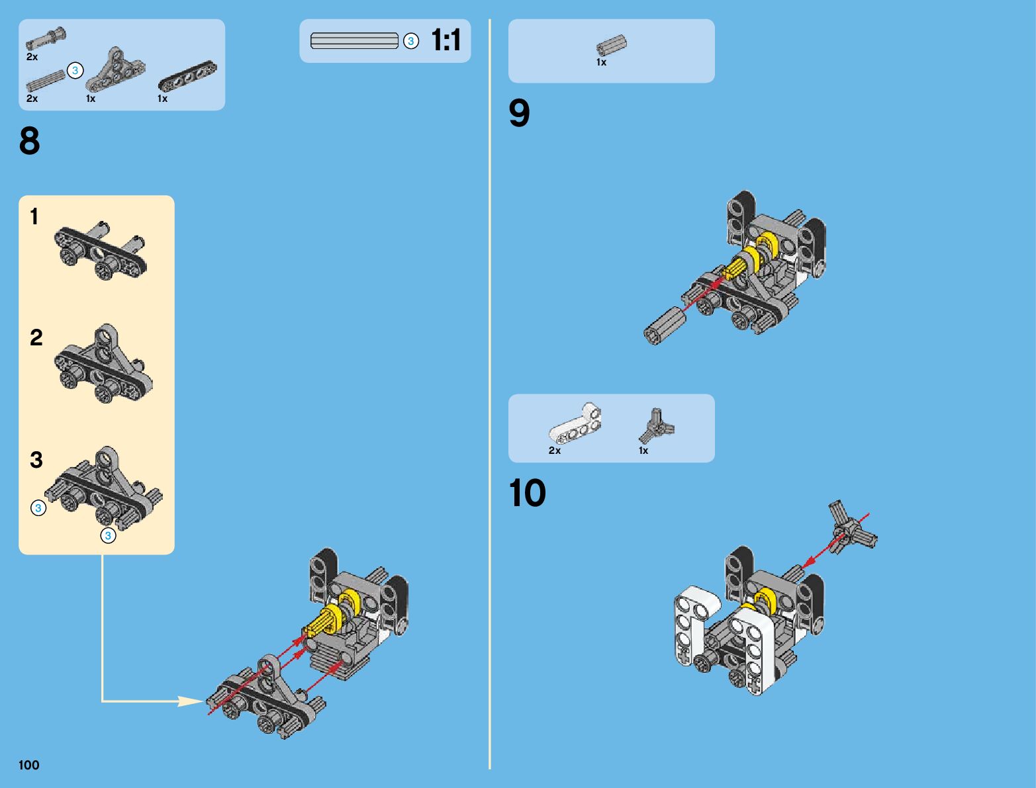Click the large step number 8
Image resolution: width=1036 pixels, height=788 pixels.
point(30,140)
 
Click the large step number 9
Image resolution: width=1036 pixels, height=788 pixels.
point(519,112)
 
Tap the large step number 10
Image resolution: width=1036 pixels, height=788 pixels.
point(527,493)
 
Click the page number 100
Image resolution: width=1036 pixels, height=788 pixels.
point(28,765)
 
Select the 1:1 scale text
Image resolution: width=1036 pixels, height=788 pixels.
point(446,40)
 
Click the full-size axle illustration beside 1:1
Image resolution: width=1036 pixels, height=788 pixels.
point(354,40)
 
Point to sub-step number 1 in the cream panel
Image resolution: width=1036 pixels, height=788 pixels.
point(34,216)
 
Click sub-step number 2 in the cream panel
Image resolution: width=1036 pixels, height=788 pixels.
point(36,337)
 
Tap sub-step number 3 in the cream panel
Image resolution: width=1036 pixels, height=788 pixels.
point(36,460)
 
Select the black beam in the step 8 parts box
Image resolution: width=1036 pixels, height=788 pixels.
point(187,75)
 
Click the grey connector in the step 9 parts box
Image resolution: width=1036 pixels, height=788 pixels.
point(612,45)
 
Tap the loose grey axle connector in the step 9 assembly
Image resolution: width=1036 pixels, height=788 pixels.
point(665,326)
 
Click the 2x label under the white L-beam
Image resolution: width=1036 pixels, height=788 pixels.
point(555,451)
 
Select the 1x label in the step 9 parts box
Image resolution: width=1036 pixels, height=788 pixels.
point(601,62)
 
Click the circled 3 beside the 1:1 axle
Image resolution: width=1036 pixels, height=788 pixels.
point(411,41)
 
